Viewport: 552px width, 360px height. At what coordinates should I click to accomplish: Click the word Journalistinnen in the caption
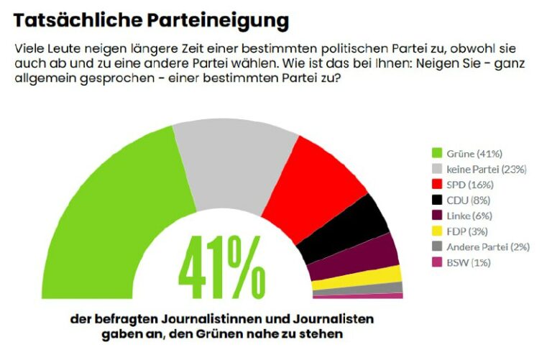[x=242, y=318]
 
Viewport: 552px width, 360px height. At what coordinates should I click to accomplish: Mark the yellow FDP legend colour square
[x=436, y=231]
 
